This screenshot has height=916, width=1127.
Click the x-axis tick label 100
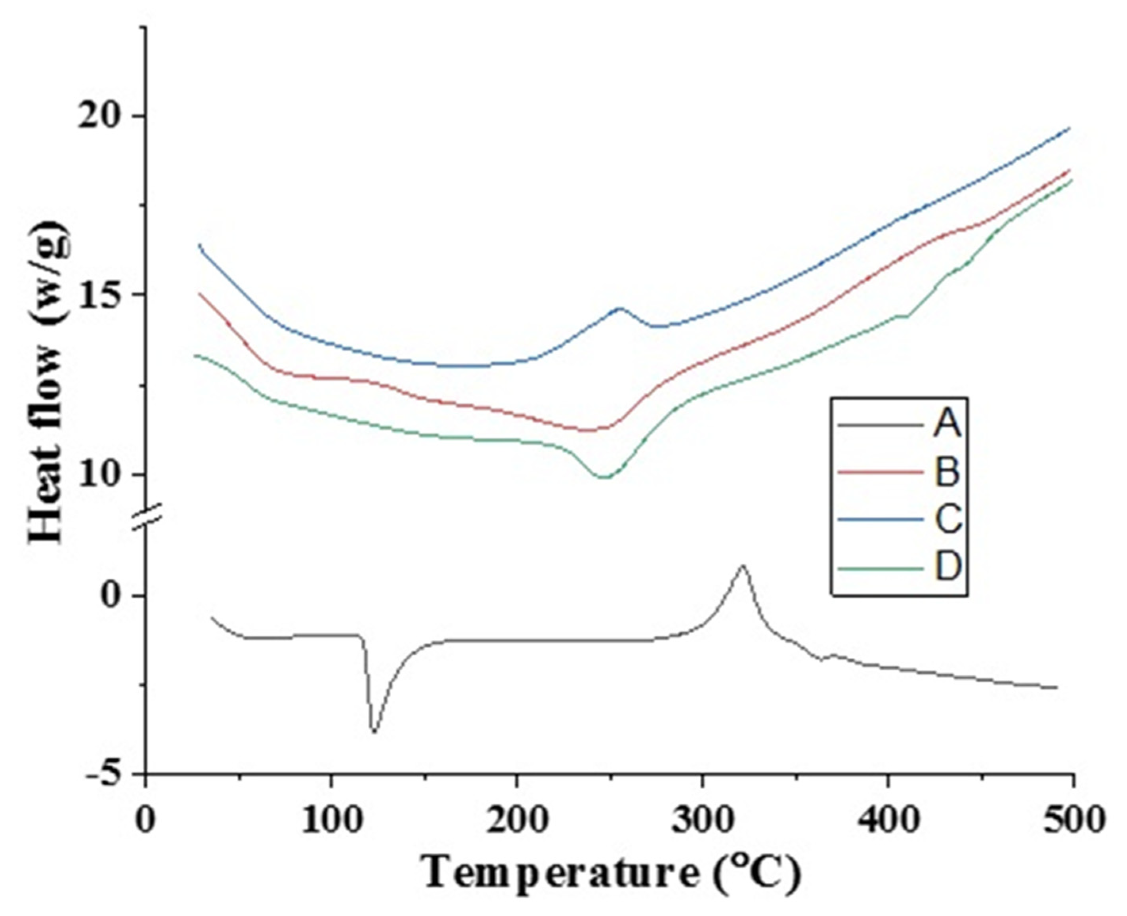pyautogui.click(x=331, y=821)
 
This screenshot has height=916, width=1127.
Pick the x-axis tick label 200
pyautogui.click(x=516, y=821)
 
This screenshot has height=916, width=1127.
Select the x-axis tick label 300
pyautogui.click(x=702, y=821)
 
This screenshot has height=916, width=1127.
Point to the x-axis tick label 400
pyautogui.click(x=888, y=821)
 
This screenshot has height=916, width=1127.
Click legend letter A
pyautogui.click(x=947, y=424)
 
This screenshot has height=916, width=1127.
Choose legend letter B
pyautogui.click(x=947, y=472)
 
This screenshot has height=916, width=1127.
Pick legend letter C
pyautogui.click(x=947, y=519)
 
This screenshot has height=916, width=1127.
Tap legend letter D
pyautogui.click(x=947, y=567)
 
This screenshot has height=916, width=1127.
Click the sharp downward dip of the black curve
pyautogui.click(x=374, y=732)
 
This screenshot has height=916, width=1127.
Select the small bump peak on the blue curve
pyautogui.click(x=619, y=308)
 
